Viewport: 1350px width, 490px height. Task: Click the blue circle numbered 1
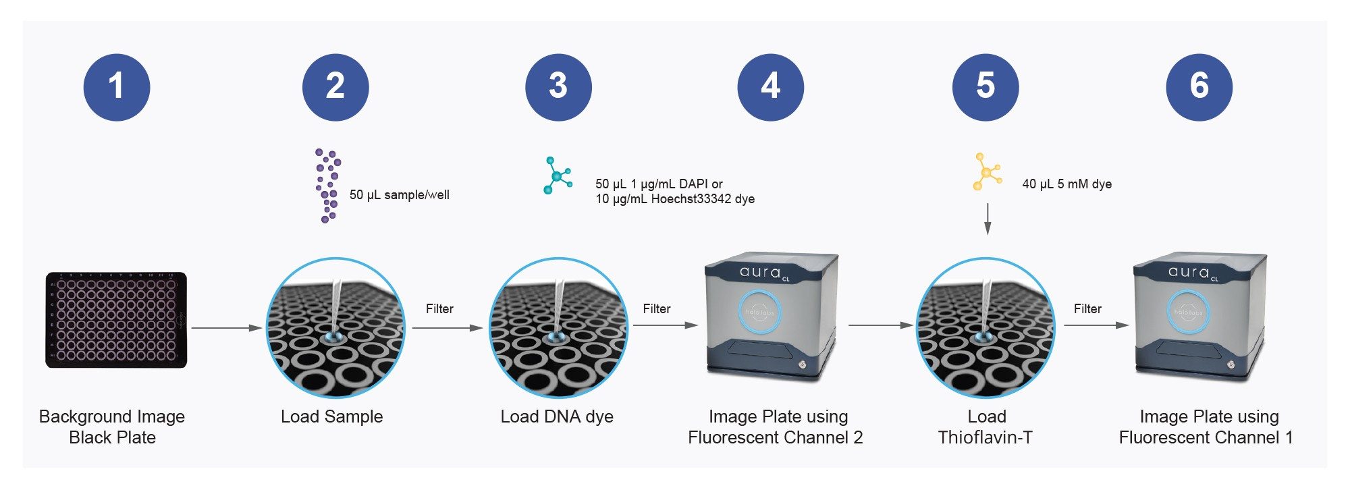[x=117, y=88]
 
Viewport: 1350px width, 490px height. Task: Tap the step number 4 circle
[x=771, y=88]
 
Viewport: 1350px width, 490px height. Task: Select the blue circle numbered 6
[x=1199, y=88]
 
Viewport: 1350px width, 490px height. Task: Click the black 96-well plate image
[x=116, y=320]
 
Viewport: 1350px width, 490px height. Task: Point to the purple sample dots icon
[x=327, y=186]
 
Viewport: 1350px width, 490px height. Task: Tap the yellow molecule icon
[x=987, y=171]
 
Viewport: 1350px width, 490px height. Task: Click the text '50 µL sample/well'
[x=400, y=195]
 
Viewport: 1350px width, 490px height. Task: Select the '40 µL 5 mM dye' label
[x=1066, y=184]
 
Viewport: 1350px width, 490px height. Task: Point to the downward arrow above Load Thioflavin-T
[x=988, y=219]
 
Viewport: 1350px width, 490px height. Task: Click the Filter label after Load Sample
[x=439, y=308]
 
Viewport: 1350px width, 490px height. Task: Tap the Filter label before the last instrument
[x=1087, y=308]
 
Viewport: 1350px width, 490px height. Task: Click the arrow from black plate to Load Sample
[x=227, y=328]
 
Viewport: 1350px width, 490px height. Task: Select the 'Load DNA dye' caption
[x=557, y=416]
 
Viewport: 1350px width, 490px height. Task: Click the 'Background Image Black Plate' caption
[x=112, y=427]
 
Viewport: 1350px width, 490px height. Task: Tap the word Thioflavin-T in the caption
[x=986, y=437]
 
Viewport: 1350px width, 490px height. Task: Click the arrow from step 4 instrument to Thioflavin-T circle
[x=881, y=325]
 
